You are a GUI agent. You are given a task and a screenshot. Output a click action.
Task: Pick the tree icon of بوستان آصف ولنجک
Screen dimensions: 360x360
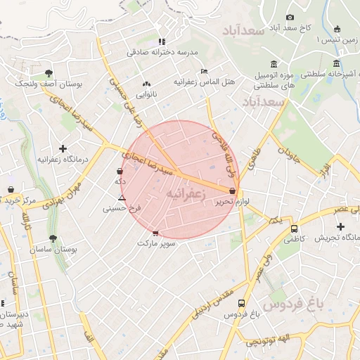click(49, 72)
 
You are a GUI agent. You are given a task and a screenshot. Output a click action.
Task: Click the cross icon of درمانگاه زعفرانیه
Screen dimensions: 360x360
click(63, 148)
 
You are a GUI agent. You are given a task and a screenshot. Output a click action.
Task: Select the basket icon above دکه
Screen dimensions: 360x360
click(120, 171)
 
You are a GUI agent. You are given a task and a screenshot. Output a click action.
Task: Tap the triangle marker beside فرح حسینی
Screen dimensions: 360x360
click(122, 199)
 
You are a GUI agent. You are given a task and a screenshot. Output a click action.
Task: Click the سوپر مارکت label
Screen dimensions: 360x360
click(155, 243)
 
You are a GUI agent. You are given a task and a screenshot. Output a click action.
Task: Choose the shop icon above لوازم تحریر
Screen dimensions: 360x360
click(232, 191)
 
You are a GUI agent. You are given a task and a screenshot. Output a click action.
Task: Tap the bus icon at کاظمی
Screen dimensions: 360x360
click(294, 229)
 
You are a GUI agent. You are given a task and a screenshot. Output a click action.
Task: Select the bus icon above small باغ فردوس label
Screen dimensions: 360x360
click(241, 304)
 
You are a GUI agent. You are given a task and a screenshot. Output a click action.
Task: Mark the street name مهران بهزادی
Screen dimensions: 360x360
click(63, 195)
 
